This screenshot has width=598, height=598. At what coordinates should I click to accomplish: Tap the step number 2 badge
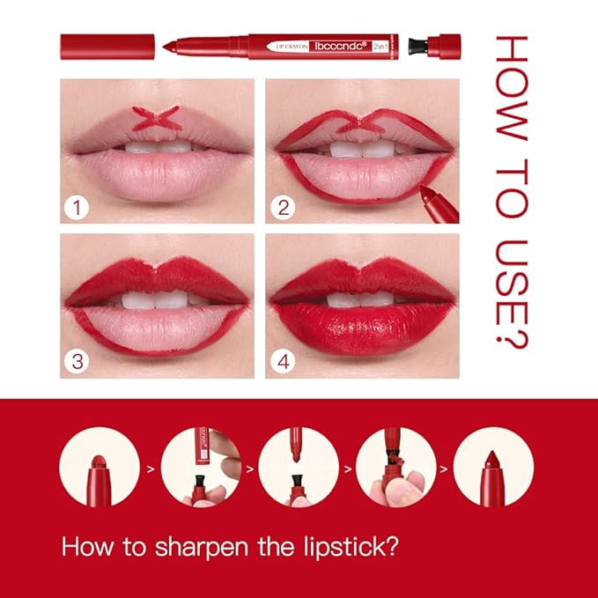pyautogui.click(x=284, y=209)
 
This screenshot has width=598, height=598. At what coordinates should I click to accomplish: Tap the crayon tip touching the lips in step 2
pyautogui.click(x=426, y=191)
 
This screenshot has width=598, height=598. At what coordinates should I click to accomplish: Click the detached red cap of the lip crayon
pyautogui.click(x=107, y=46)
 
